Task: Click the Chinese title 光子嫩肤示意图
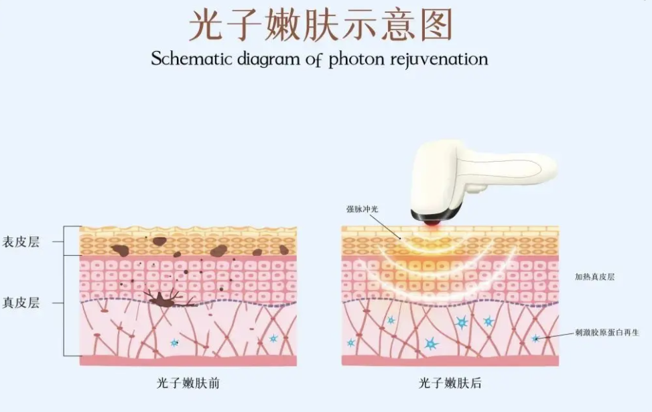click(x=320, y=25)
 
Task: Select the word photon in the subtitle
click(x=356, y=59)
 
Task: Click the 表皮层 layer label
click(x=21, y=242)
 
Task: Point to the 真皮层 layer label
click(x=21, y=303)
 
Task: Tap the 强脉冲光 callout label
click(x=363, y=209)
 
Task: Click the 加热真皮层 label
click(x=594, y=276)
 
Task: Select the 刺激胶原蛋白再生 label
click(x=607, y=332)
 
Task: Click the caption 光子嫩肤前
click(x=188, y=383)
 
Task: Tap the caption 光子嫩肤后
click(x=450, y=383)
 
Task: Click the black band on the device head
click(x=436, y=215)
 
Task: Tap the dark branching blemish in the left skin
click(x=165, y=299)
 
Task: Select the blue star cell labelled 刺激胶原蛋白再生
click(x=536, y=338)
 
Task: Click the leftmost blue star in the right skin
click(x=351, y=342)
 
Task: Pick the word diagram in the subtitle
click(x=268, y=59)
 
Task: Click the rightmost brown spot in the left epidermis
click(x=284, y=250)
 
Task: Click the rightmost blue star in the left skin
click(x=273, y=338)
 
